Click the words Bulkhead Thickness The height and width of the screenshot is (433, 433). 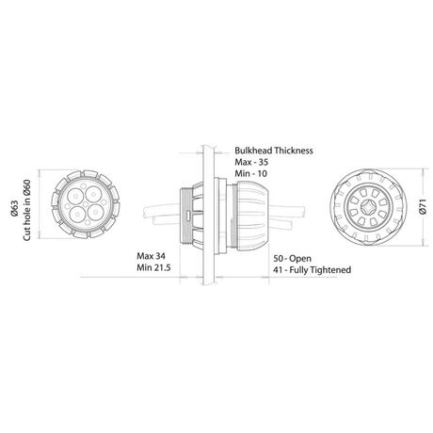tap(274, 151)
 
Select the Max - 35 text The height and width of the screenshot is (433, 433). tap(251, 162)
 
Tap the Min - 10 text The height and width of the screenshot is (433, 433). tap(251, 173)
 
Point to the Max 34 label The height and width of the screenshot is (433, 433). tap(151, 256)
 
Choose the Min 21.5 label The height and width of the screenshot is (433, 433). tap(153, 267)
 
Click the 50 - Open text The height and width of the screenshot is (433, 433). tap(292, 259)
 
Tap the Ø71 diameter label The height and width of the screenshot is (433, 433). tap(423, 207)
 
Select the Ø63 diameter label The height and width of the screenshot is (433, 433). tap(15, 208)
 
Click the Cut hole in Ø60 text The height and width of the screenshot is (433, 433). tap(26, 210)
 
